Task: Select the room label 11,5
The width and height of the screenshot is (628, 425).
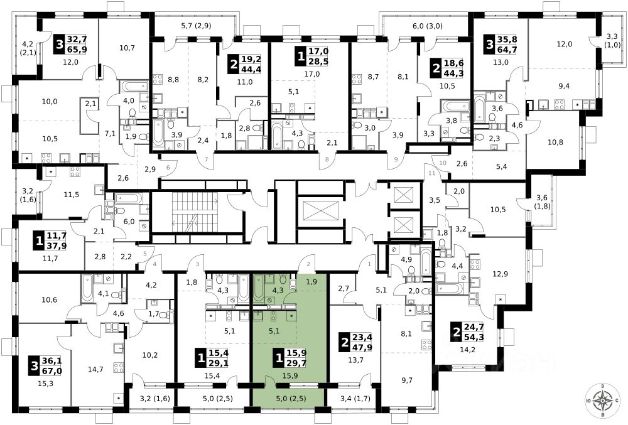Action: [x=71, y=195]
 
